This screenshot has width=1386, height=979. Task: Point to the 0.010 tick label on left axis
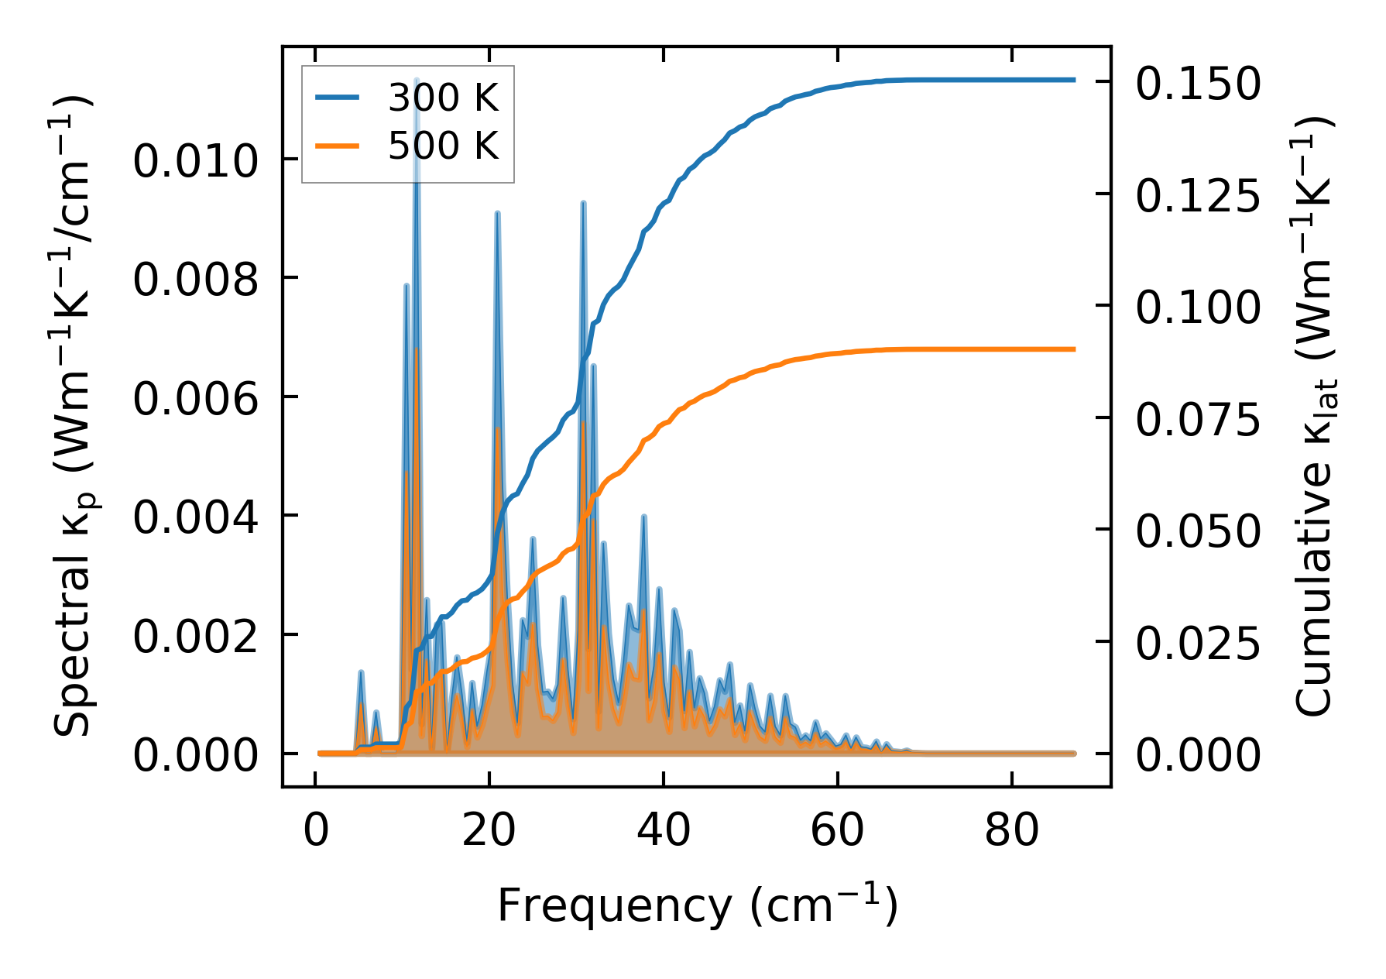[x=195, y=162]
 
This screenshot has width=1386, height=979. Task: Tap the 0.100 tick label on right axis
[x=1198, y=307]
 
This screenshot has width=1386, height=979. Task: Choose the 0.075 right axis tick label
[x=1198, y=419]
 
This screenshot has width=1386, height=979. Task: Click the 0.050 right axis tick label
[x=1198, y=531]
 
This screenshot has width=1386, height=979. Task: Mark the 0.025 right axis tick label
[x=1198, y=643]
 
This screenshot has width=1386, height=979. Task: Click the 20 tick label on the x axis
[x=489, y=831]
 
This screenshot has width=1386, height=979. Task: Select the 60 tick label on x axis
[x=837, y=831]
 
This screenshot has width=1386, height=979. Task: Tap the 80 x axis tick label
[x=1011, y=831]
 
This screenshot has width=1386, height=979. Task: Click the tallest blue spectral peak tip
[x=417, y=80]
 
